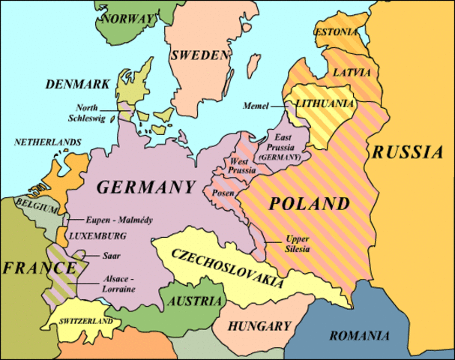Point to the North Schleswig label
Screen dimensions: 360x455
tap(96, 113)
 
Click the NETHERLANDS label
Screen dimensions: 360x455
tap(46, 142)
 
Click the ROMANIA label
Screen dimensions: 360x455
tap(360, 334)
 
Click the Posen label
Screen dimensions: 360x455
tap(226, 193)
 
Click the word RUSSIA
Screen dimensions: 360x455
tap(409, 152)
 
